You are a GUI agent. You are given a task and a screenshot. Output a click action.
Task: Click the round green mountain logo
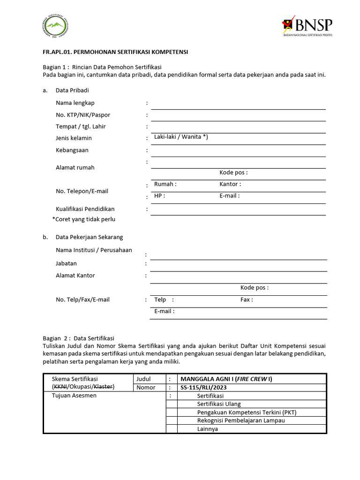(x=56, y=27)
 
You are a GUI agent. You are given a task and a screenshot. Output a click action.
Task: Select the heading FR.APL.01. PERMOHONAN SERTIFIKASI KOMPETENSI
(x=115, y=52)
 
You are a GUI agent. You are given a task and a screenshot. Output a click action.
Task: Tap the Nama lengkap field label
(x=75, y=103)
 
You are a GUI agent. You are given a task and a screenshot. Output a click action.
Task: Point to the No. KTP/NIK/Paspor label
(x=83, y=115)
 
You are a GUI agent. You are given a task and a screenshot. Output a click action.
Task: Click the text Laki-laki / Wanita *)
(x=181, y=137)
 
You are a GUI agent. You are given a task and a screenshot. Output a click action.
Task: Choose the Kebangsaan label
(x=72, y=150)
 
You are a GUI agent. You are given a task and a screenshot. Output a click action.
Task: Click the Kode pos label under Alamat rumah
(x=233, y=172)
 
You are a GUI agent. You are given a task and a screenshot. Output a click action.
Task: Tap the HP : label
(x=159, y=196)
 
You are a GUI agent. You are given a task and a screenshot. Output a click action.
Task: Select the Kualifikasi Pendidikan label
(x=85, y=209)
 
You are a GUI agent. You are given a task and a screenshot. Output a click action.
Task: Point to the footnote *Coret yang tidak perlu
(x=84, y=219)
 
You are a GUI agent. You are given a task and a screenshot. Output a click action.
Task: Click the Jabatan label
(x=66, y=263)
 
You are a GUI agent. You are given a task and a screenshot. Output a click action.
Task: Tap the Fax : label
(x=247, y=300)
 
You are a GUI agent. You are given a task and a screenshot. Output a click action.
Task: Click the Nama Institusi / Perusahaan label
(x=94, y=250)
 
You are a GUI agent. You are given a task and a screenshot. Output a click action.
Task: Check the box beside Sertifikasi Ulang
(x=172, y=404)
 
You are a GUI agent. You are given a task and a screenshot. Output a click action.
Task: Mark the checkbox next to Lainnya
(x=172, y=429)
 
